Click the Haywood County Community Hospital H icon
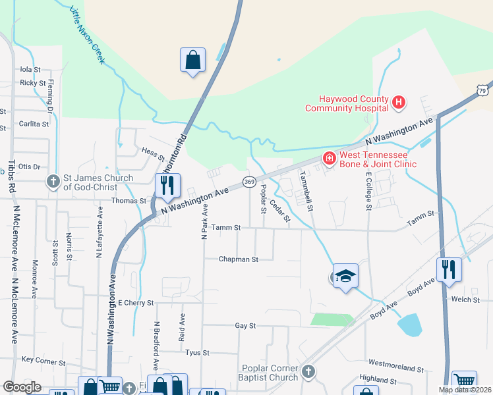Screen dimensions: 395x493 (x=398, y=103)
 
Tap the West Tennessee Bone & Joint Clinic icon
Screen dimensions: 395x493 (x=328, y=158)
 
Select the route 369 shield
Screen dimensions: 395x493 (x=249, y=181)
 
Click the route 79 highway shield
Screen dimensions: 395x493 (x=484, y=90)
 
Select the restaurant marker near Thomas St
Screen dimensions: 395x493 (x=167, y=186)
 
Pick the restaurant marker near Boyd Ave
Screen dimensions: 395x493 (x=449, y=269)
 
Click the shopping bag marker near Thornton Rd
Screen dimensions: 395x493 (x=192, y=60)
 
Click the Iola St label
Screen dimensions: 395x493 (x=30, y=68)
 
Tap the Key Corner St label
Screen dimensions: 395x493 (x=45, y=359)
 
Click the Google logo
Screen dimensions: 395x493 (x=22, y=387)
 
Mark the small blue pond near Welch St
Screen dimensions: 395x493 (x=409, y=324)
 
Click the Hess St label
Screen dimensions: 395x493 (x=153, y=153)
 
